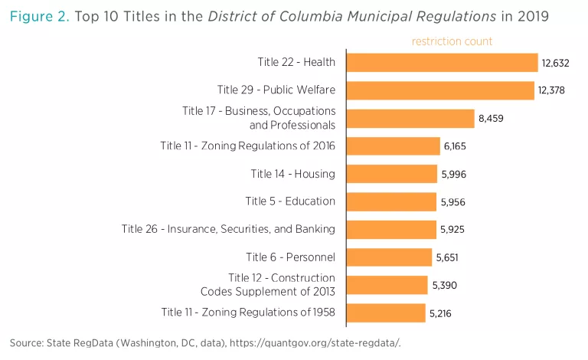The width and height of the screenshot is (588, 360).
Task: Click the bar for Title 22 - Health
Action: click(442, 63)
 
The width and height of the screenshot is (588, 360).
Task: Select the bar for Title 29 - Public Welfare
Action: click(439, 90)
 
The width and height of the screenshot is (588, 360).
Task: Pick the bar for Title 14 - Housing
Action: click(391, 174)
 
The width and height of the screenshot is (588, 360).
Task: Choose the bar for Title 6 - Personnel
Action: click(389, 257)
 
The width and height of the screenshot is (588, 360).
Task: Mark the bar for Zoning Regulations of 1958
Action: click(385, 313)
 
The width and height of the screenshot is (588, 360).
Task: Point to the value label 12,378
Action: click(551, 90)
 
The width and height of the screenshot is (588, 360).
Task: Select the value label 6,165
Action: click(456, 146)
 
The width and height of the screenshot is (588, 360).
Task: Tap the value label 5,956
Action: click(453, 202)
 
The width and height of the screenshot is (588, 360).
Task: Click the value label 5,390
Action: click(444, 285)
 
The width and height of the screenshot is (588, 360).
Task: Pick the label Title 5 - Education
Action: click(290, 201)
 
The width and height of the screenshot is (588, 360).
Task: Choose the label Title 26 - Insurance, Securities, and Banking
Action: click(228, 229)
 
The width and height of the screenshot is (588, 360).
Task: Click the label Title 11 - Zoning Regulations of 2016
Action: click(247, 146)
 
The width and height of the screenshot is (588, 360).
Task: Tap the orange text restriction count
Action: click(452, 41)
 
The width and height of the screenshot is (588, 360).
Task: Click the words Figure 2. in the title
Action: click(38, 16)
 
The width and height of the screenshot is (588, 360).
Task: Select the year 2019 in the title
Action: click(532, 16)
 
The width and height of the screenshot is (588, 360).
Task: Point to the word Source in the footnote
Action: click(26, 342)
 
